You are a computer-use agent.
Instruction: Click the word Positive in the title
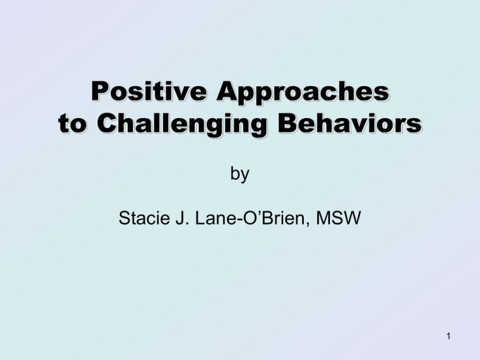point(149,91)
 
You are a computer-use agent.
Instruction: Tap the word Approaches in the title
point(302,93)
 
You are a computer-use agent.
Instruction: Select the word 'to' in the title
point(72,123)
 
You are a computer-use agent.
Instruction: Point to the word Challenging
point(182,125)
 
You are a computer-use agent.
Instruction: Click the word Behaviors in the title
point(350,122)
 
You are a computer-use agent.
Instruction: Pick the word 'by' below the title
point(240,174)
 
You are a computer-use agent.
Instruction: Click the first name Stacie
point(144,218)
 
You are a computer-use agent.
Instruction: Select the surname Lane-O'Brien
point(252,218)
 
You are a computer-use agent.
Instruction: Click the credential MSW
point(338,218)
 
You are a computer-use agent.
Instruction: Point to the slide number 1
point(449,336)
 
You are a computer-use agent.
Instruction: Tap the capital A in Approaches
point(227,91)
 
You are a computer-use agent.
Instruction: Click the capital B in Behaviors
point(287,122)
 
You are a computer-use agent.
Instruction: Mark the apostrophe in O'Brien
point(258,212)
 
